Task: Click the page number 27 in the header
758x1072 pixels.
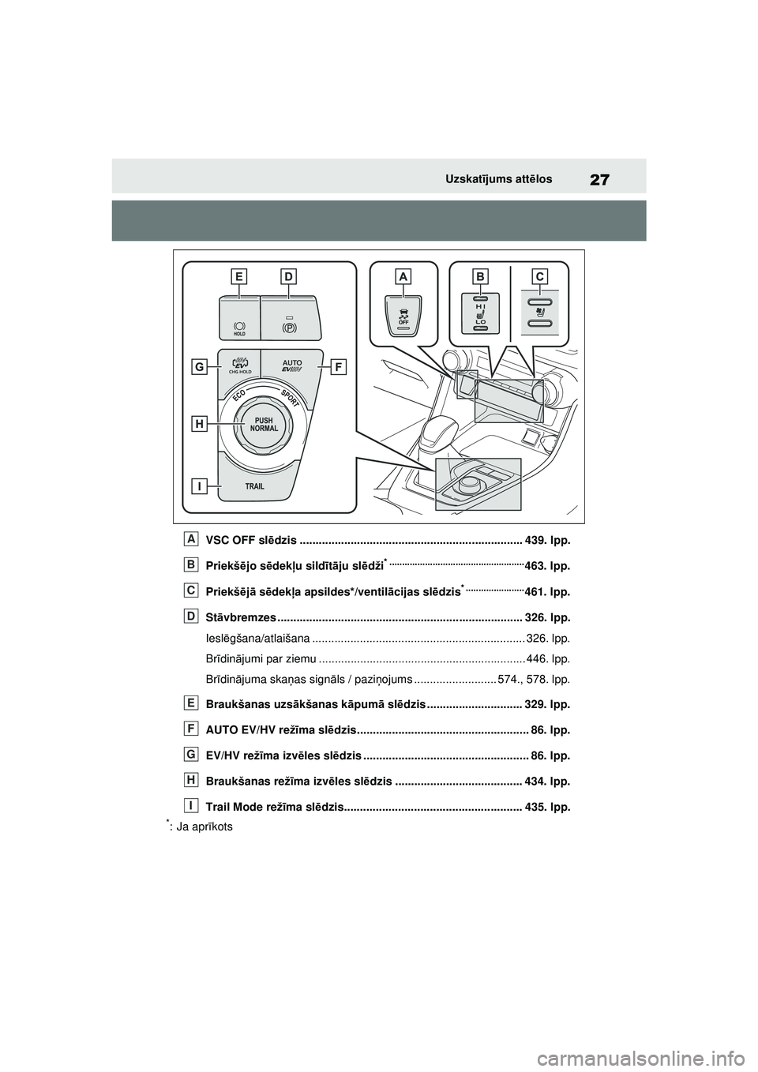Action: coord(599,179)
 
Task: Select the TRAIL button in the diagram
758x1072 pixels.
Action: coord(254,486)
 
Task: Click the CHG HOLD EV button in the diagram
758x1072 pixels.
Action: coord(240,365)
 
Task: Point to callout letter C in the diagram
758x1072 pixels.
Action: coord(539,275)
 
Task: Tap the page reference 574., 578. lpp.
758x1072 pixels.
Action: coord(534,679)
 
